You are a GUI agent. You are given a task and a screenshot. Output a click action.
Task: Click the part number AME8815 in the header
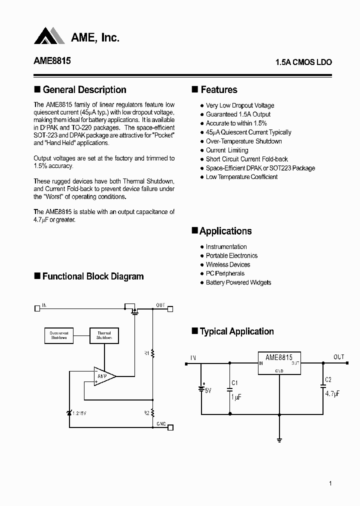(52, 61)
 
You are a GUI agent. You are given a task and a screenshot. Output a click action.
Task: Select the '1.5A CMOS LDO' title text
(303, 62)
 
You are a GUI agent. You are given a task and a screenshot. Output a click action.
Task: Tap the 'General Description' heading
(84, 90)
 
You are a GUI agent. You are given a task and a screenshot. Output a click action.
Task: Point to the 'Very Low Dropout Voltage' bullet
(240, 105)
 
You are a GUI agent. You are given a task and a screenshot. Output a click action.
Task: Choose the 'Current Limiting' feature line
(227, 150)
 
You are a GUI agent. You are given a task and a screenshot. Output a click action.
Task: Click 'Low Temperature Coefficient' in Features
(241, 177)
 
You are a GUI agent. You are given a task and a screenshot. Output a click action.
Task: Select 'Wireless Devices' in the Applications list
(228, 264)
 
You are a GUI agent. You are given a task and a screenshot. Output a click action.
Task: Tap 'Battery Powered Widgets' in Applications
(238, 282)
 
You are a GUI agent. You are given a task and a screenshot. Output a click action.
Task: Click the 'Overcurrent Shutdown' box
(59, 335)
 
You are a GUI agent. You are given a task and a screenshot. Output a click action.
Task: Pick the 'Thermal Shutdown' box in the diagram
(104, 335)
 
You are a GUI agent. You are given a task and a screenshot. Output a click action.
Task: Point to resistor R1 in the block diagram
(152, 353)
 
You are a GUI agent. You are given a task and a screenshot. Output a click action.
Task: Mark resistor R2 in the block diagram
(152, 413)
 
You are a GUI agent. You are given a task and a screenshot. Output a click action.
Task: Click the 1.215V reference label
(80, 413)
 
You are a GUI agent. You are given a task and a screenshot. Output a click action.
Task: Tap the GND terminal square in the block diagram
(170, 427)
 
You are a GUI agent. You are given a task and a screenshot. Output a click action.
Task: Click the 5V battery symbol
(201, 388)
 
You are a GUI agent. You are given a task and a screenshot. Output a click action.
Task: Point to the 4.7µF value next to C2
(331, 393)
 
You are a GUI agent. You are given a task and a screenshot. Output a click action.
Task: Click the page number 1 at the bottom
(330, 483)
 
